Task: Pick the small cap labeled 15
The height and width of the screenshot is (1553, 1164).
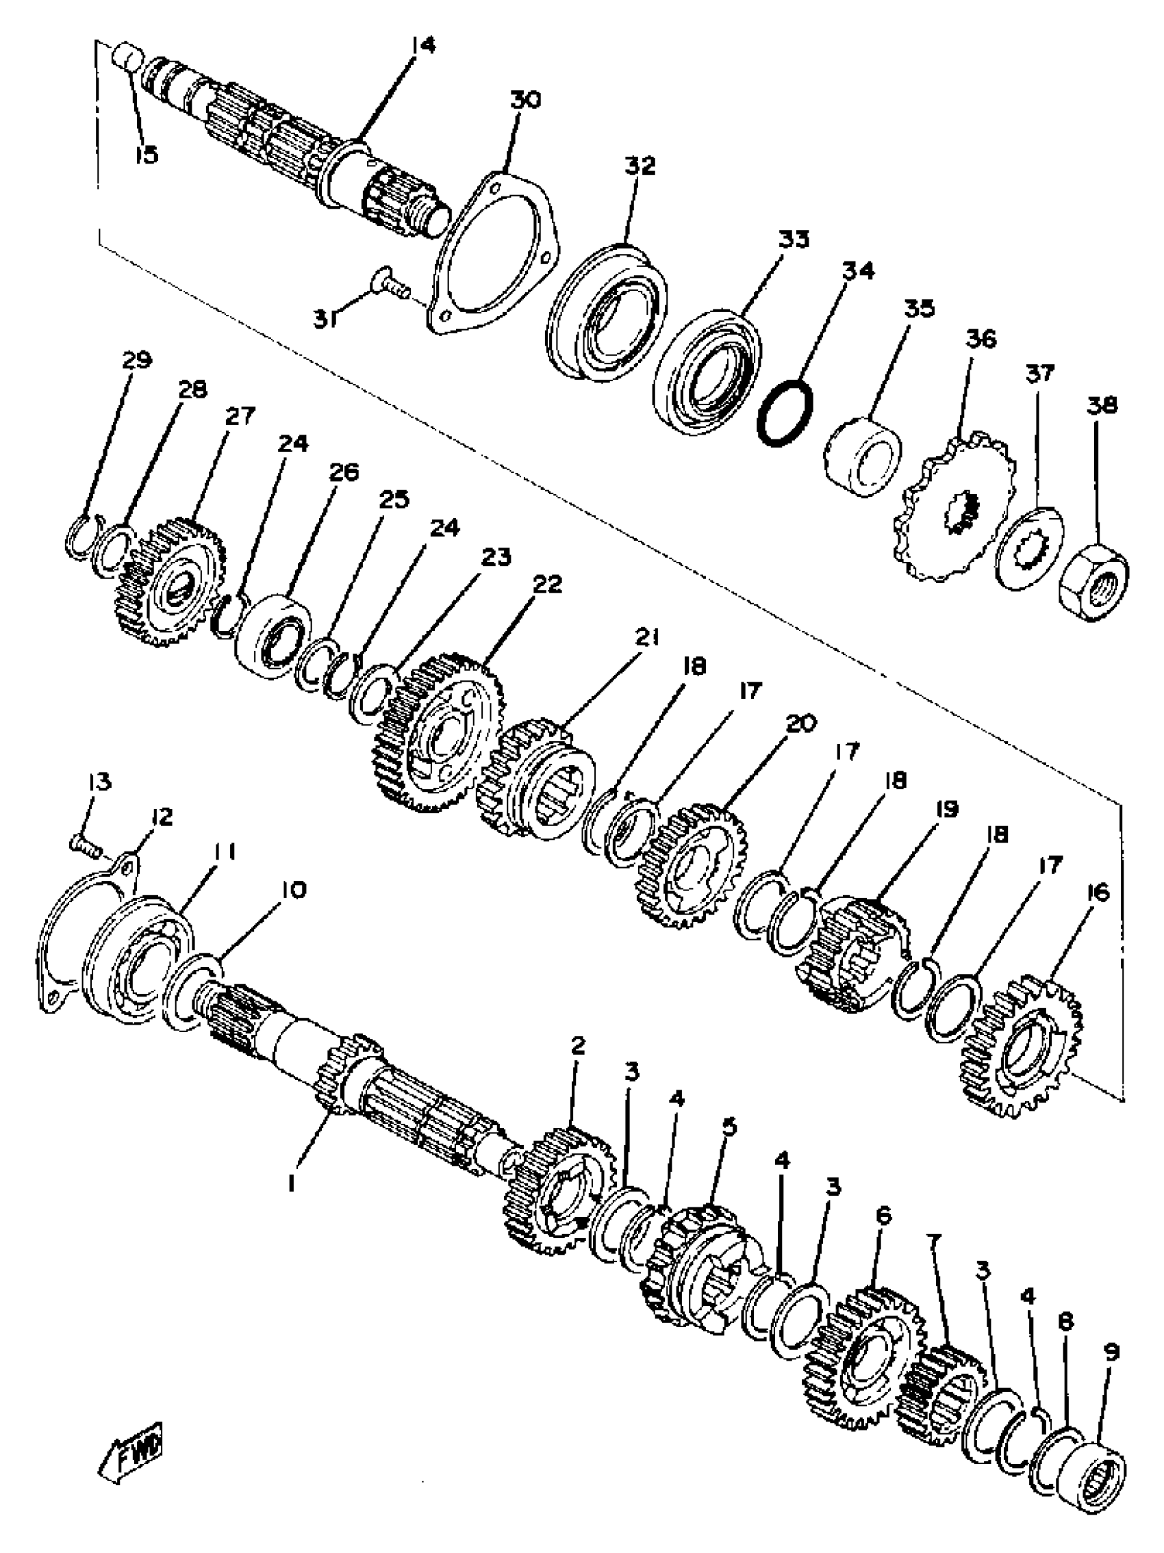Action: (x=129, y=55)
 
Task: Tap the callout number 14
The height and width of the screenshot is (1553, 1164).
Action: (x=423, y=47)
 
